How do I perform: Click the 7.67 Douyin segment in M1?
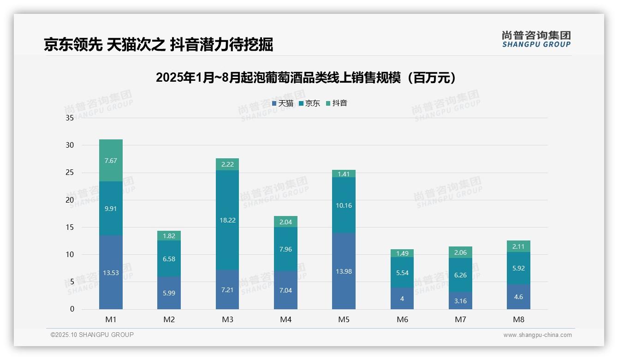tap(111, 160)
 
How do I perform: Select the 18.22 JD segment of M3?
tap(227, 220)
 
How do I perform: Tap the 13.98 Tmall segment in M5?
tap(344, 271)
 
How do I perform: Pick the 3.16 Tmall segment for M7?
tap(460, 301)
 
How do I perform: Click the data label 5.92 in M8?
tap(518, 268)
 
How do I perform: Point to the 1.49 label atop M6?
tap(402, 253)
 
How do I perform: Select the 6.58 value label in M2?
tap(169, 259)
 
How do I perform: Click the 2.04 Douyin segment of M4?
tap(285, 222)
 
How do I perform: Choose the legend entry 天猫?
tap(283, 103)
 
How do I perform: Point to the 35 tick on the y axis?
tap(70, 118)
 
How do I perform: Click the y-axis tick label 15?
tap(70, 227)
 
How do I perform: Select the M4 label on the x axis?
tap(285, 319)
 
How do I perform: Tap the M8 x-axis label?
tap(518, 319)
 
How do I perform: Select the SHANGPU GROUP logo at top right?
tap(536, 39)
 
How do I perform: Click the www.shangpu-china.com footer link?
tap(537, 335)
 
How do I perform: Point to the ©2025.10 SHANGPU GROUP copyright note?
tap(92, 335)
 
